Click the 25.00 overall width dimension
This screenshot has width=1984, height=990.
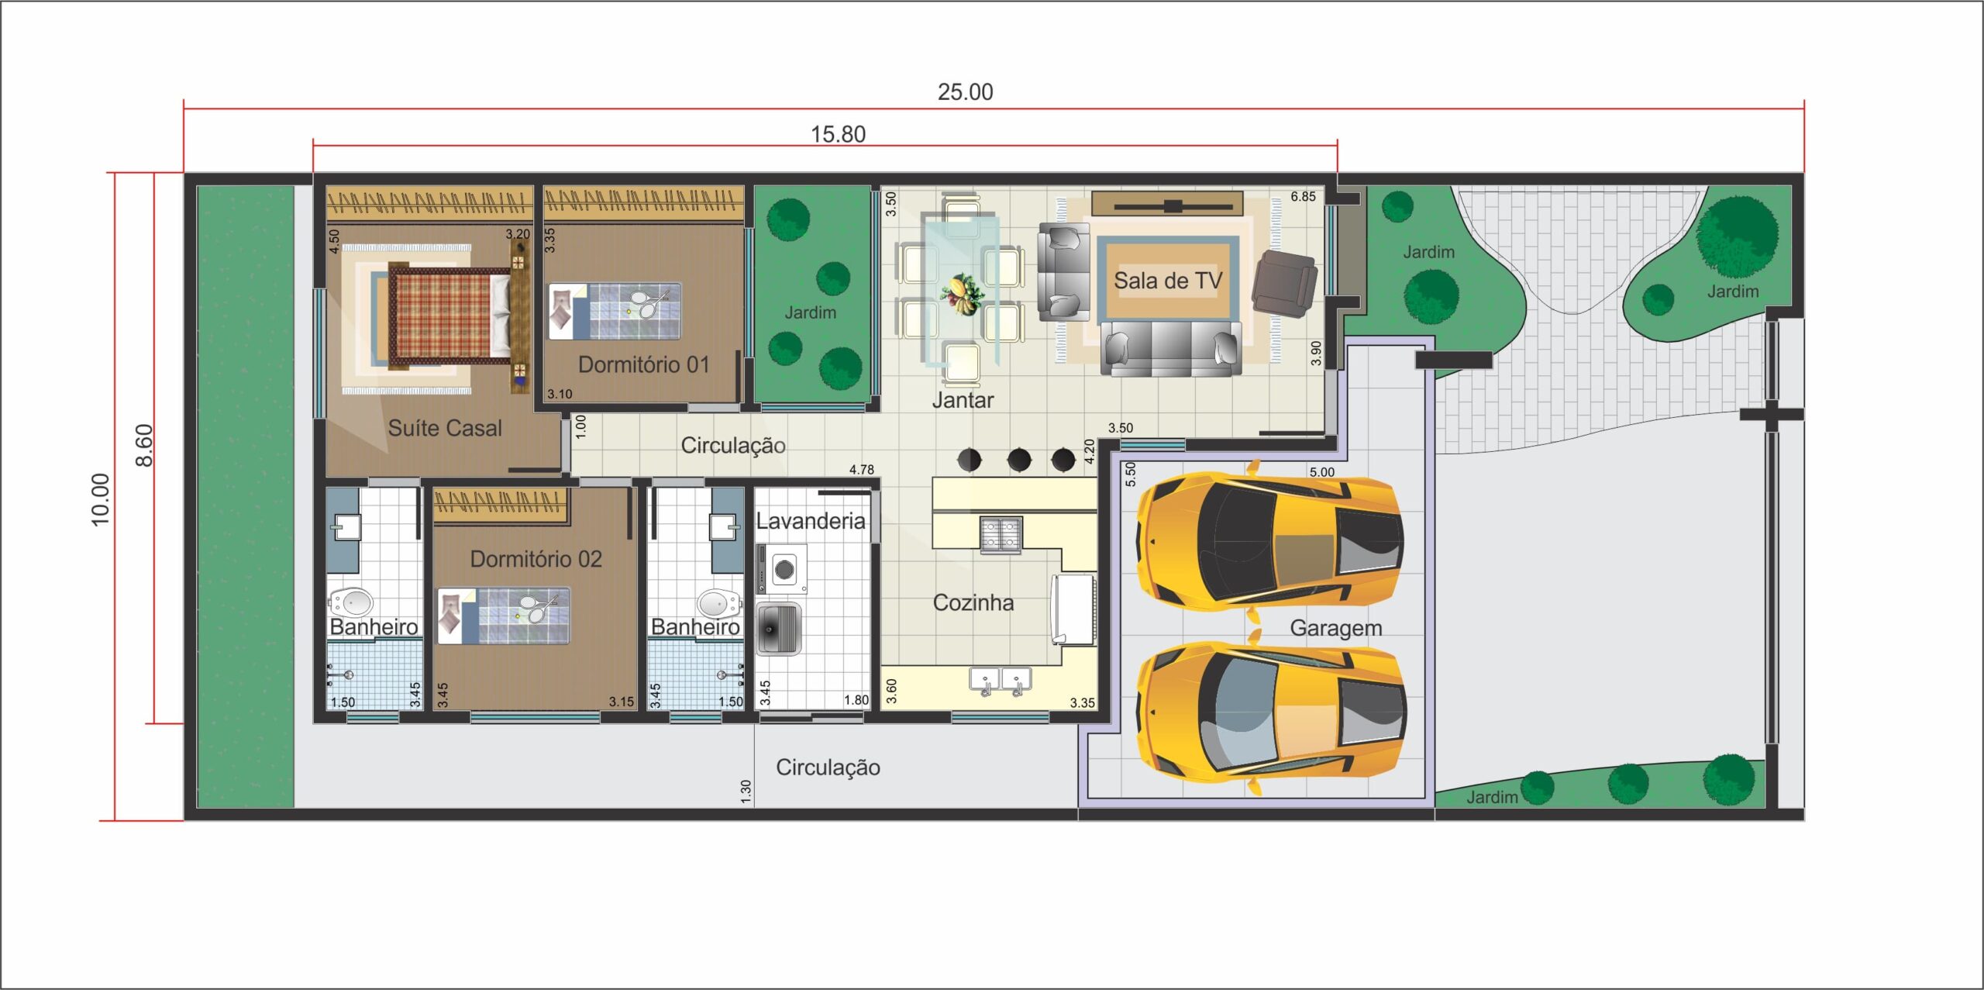pyautogui.click(x=965, y=92)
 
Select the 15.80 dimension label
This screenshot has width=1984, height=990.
pyautogui.click(x=838, y=135)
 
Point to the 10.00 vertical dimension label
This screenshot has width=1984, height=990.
pyautogui.click(x=101, y=500)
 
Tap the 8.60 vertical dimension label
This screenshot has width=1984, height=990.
pyautogui.click(x=144, y=446)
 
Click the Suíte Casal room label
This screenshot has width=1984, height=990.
pyautogui.click(x=445, y=428)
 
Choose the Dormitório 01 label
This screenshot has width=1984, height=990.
pyautogui.click(x=644, y=364)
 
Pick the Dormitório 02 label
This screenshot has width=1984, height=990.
pyautogui.click(x=536, y=559)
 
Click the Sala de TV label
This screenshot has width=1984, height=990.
pyautogui.click(x=1168, y=281)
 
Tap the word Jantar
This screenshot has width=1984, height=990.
pyautogui.click(x=963, y=400)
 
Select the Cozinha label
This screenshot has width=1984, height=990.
pyautogui.click(x=973, y=602)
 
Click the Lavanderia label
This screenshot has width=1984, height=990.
pyautogui.click(x=811, y=521)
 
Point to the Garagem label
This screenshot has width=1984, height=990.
pyautogui.click(x=1336, y=628)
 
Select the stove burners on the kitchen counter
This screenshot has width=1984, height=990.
pyautogui.click(x=1001, y=534)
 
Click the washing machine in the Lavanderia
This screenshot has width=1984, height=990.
pyautogui.click(x=783, y=570)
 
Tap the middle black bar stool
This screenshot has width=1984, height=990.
pyautogui.click(x=1019, y=460)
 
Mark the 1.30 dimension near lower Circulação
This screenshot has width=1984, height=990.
pyautogui.click(x=746, y=792)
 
